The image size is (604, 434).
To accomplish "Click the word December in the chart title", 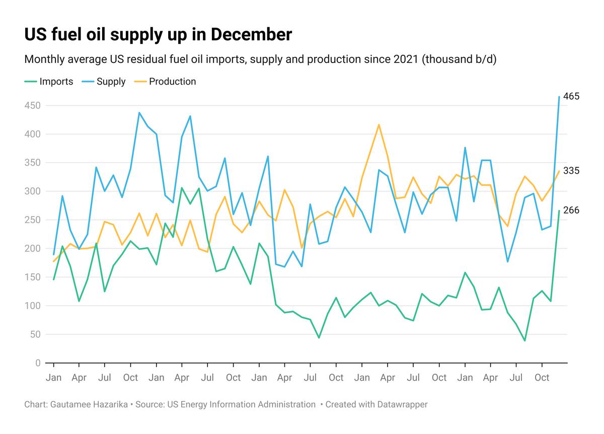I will pos(251,35).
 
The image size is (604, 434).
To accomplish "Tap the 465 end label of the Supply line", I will pos(571,96).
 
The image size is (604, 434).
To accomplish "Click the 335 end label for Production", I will pos(571,171).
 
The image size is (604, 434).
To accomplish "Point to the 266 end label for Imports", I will pos(571,210).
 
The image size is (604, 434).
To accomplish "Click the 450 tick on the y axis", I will pos(33,106).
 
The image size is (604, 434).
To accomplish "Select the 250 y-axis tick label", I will pos(33,220).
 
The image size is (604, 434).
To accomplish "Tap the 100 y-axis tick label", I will pos(33,306).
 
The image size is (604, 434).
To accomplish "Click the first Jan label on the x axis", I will pos(53,378).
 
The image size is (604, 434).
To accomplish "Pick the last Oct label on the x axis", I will pos(542,378).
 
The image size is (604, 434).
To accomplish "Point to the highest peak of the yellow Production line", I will pos(379,124).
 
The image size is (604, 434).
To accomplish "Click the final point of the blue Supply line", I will pos(559,97).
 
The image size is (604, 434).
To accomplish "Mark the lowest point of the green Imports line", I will pos(524,341).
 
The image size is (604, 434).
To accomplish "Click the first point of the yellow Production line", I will pos(53,261).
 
